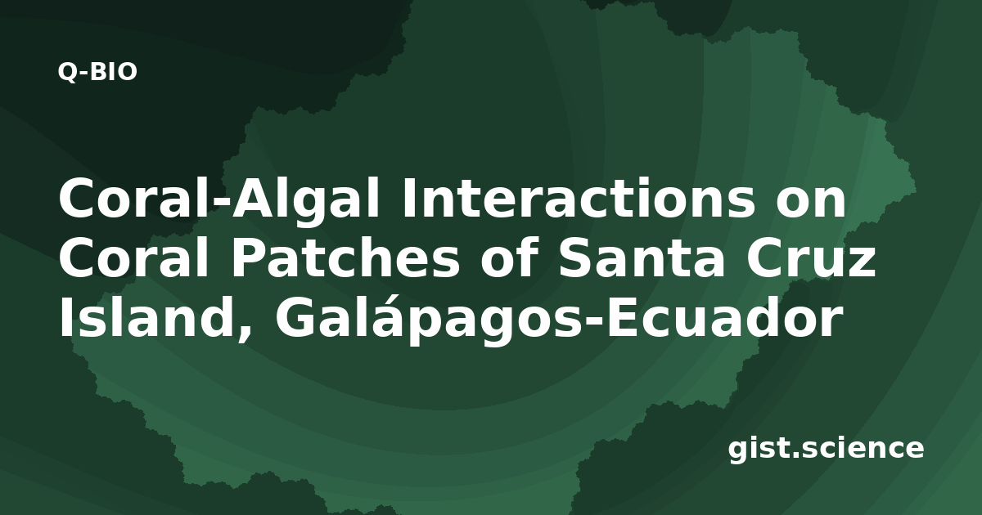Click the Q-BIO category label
click(x=97, y=72)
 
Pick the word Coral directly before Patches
click(x=133, y=259)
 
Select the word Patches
click(x=345, y=259)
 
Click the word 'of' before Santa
click(x=509, y=259)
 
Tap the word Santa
click(x=641, y=259)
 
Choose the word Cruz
click(x=811, y=259)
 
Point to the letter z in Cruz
click(x=861, y=262)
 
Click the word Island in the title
click(x=148, y=317)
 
